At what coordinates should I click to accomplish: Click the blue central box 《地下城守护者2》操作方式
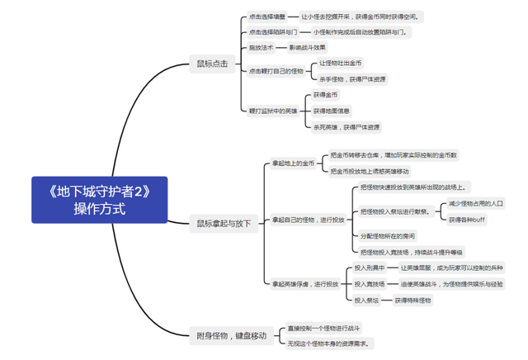[x=99, y=199]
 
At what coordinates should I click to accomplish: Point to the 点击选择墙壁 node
[x=268, y=16]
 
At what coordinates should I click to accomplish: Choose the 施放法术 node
[x=262, y=47]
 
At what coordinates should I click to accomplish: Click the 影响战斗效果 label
[x=309, y=47]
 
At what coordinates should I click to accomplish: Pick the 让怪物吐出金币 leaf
[x=340, y=63]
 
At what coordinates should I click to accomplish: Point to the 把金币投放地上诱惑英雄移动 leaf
[x=370, y=172]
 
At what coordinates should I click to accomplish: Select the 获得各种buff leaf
[x=467, y=220]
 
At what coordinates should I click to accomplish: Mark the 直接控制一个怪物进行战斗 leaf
[x=323, y=328]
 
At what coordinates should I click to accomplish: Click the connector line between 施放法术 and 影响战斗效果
[x=281, y=47]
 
